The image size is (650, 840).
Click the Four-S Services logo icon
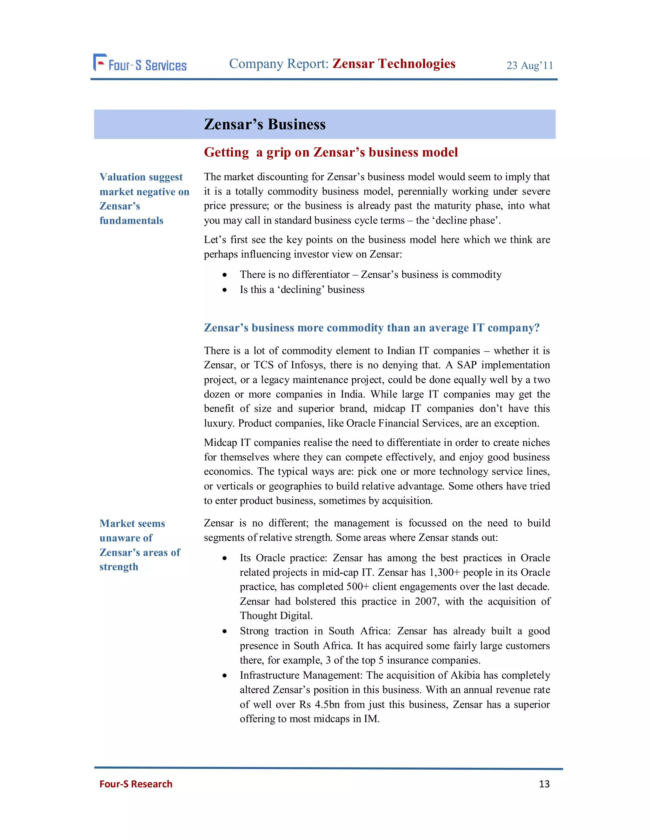(100, 62)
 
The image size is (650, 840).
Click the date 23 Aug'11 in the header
(529, 65)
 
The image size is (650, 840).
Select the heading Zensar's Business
(265, 124)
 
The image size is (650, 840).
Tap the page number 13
(544, 784)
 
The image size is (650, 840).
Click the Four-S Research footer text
(136, 784)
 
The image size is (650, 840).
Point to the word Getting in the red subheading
(226, 152)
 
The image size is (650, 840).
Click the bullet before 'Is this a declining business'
(224, 290)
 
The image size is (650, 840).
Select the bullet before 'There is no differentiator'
(224, 275)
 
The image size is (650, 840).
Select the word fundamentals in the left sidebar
(131, 221)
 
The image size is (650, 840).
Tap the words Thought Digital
(276, 616)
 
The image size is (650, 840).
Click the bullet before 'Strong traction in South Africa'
(224, 631)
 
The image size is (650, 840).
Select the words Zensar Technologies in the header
(394, 63)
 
